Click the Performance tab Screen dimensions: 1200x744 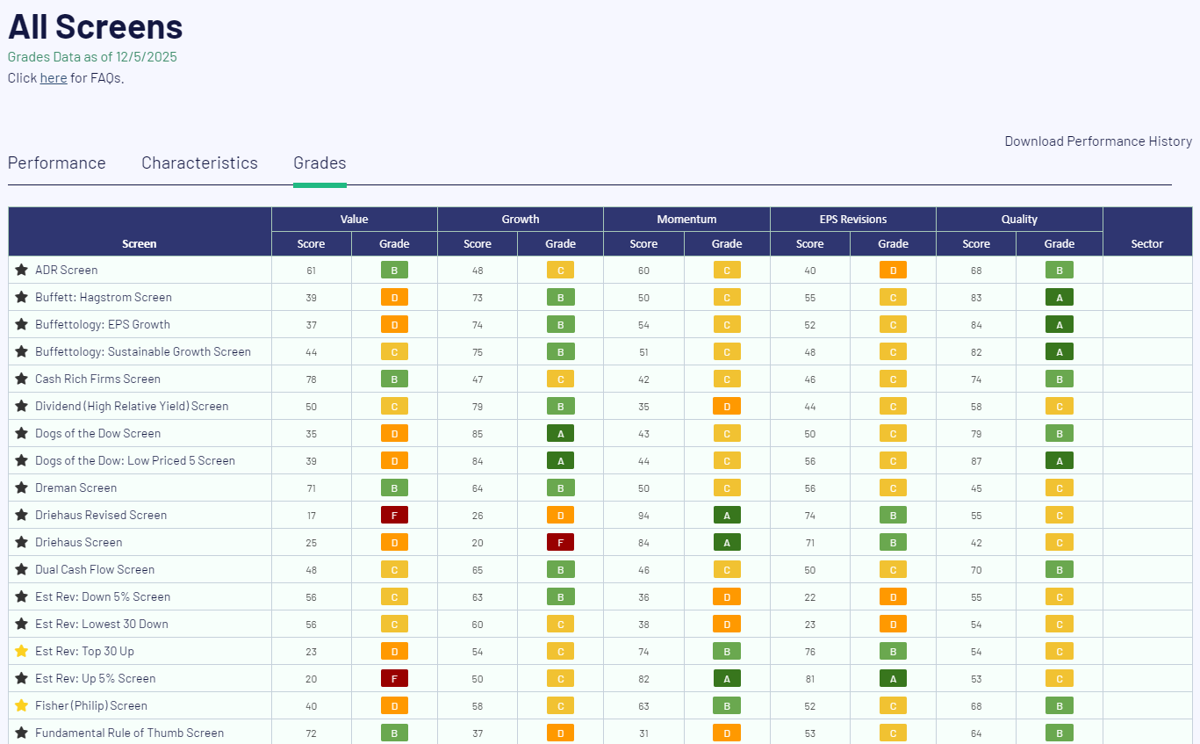coord(57,163)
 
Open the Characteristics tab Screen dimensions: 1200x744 coord(199,163)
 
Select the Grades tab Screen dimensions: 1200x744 coord(320,163)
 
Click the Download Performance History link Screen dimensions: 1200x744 coord(1098,141)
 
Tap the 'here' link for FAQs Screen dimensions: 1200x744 coord(54,77)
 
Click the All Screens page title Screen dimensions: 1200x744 coord(96,26)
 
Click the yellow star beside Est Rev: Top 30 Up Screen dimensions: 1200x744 coord(21,651)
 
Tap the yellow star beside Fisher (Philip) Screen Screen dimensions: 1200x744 coord(21,705)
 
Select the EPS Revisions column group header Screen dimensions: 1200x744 coord(853,220)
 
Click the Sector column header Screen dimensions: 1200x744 coord(1147,244)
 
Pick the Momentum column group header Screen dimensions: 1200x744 coord(686,220)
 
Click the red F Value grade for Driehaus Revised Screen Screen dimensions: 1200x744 coord(394,515)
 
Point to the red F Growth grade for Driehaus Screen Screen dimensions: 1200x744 coord(560,543)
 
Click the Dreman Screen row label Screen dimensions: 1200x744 coord(76,488)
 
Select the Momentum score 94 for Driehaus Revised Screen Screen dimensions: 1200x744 coord(643,516)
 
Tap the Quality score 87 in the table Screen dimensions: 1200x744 coord(976,461)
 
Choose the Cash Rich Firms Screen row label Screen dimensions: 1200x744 coord(98,379)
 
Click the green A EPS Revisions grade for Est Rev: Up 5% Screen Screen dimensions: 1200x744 coord(893,679)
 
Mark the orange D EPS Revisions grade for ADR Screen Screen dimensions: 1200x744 coord(893,271)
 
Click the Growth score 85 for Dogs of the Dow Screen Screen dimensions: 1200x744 coord(478,434)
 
